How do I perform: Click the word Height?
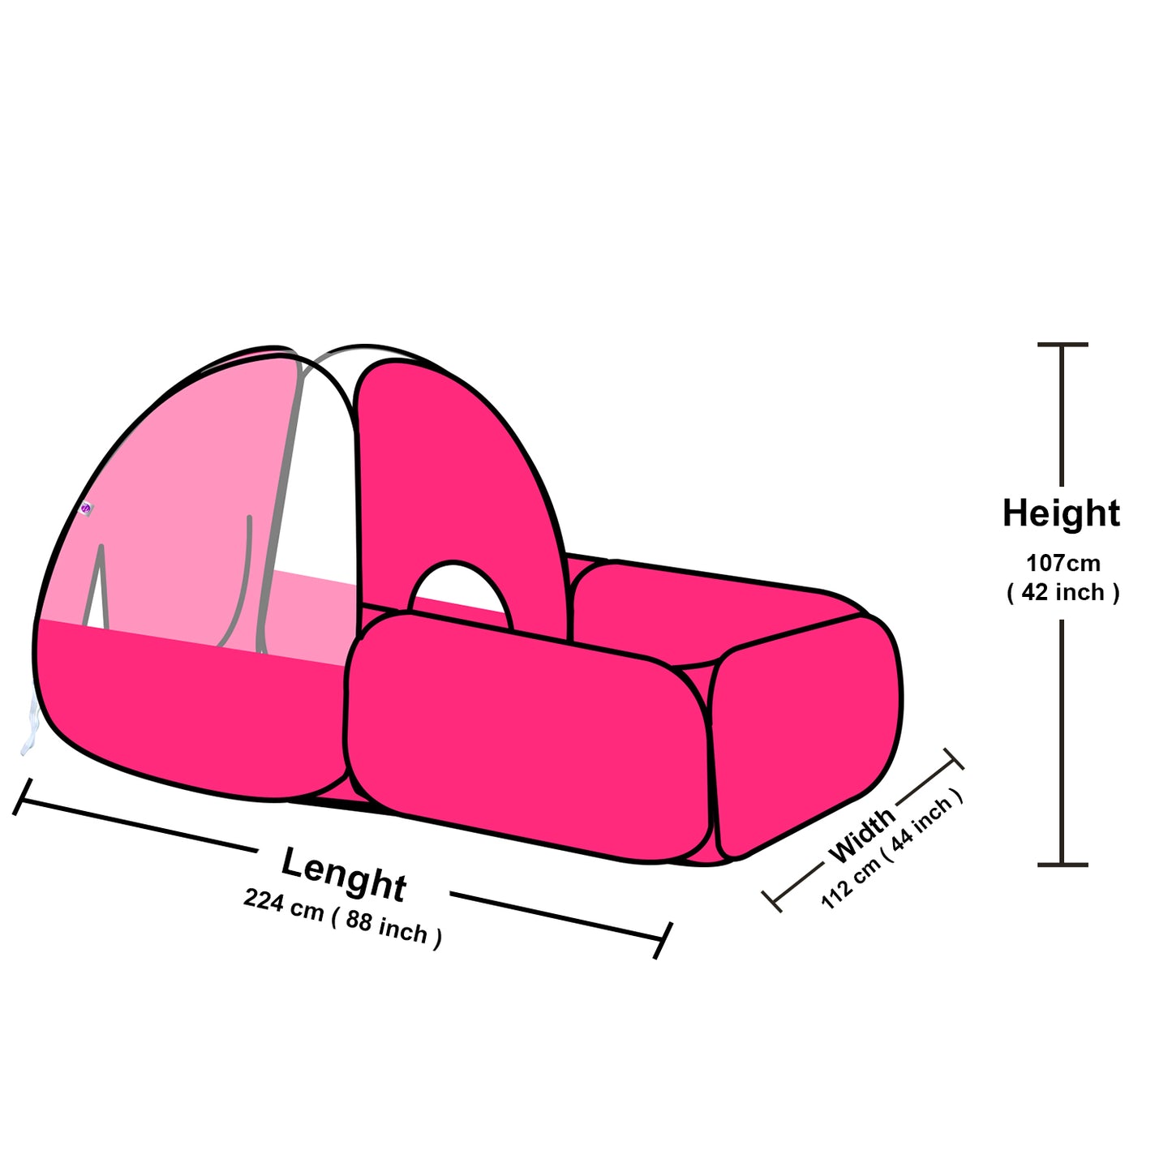click(1061, 514)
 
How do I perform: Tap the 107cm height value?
click(1063, 562)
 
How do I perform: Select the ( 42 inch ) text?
click(1063, 592)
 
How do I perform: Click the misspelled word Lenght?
click(343, 874)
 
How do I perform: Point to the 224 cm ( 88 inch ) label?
click(342, 917)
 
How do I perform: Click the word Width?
click(861, 835)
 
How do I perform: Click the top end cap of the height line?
click(1062, 345)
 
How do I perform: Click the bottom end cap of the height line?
click(1062, 865)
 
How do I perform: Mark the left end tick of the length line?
click(23, 796)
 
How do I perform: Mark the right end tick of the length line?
click(663, 940)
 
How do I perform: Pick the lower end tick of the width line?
click(773, 899)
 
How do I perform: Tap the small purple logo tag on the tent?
click(86, 509)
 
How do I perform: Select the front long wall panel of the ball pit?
click(527, 730)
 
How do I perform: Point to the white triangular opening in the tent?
click(99, 596)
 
